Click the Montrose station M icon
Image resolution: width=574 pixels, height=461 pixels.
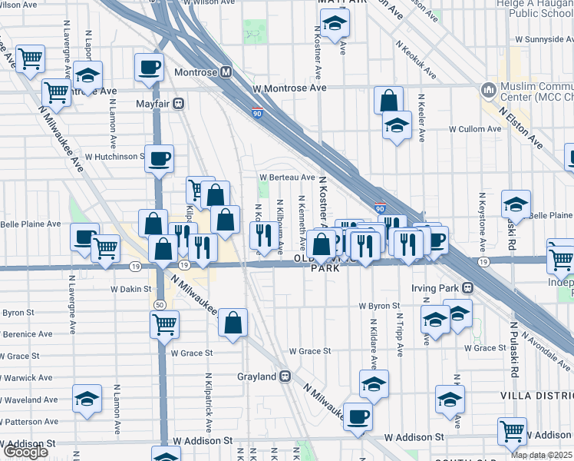click(x=226, y=72)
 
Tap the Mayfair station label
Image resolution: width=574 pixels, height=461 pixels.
click(x=152, y=101)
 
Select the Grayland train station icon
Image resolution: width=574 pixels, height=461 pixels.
click(x=285, y=376)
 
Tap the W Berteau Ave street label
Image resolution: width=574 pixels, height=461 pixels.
click(x=287, y=177)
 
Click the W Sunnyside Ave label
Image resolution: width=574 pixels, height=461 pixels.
click(x=543, y=38)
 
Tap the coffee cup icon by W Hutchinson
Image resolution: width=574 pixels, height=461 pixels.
click(x=159, y=159)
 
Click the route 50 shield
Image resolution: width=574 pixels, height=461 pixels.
click(x=159, y=304)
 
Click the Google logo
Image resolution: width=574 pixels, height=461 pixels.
click(x=25, y=452)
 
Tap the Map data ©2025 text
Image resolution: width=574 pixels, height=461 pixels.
click(x=542, y=455)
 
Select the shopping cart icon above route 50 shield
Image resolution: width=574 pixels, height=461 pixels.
click(x=164, y=324)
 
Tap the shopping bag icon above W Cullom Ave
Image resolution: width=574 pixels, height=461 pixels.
click(x=389, y=100)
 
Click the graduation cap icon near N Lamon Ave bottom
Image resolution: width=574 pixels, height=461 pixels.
click(x=87, y=398)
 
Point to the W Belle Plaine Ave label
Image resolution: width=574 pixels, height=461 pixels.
click(x=31, y=224)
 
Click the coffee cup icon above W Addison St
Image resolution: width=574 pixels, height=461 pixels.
click(x=358, y=416)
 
